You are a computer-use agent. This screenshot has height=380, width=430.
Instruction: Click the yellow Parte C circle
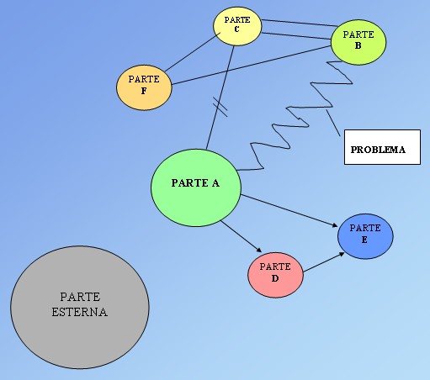pos(237,26)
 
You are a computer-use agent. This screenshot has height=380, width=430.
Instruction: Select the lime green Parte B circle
pos(358,42)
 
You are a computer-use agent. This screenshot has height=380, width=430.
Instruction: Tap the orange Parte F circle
pos(144,87)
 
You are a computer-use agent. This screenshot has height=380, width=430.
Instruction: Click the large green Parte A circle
pos(196,187)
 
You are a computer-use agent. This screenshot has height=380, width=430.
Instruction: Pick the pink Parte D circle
pos(275,275)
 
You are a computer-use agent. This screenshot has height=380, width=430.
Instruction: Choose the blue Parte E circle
pos(365,236)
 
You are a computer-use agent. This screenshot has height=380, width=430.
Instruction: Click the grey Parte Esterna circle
pos(80,307)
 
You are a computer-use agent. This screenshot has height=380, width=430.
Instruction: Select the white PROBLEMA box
pos(382,147)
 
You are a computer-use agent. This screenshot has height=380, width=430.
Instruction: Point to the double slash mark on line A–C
pos(220,107)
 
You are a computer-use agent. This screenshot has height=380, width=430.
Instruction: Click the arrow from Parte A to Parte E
pos(289,210)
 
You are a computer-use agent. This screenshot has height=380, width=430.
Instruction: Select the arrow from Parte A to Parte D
pos(242,236)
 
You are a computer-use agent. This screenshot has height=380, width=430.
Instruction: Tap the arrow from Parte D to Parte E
pos(324,262)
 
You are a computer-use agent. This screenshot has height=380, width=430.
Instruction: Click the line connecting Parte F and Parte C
pos(193,52)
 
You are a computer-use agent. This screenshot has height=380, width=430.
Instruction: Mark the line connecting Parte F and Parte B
pos(252,65)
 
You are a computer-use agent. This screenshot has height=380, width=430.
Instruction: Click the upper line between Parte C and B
pos(300,23)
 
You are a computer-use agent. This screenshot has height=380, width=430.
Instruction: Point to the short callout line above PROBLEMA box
pos(333,123)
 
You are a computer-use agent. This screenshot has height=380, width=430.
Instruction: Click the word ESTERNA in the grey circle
pos(80,312)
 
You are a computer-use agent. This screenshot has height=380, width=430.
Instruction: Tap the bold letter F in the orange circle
pos(144,91)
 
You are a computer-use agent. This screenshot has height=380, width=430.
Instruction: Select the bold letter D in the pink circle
pos(275,278)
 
